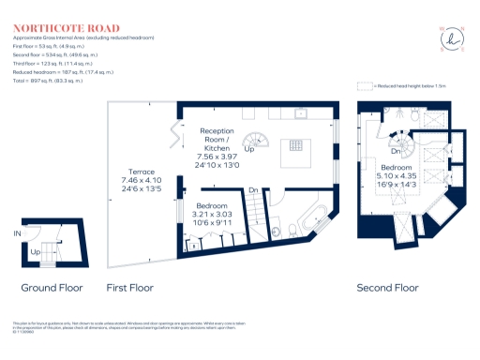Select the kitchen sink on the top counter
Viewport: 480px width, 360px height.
pyautogui.click(x=302, y=113)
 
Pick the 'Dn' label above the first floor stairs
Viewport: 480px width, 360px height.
pyautogui.click(x=253, y=190)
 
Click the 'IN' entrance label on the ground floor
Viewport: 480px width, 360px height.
pyautogui.click(x=17, y=232)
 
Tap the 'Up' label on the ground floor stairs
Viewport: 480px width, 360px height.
pyautogui.click(x=36, y=251)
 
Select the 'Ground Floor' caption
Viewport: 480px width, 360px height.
pyautogui.click(x=52, y=289)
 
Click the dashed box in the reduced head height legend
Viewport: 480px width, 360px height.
pyautogui.click(x=366, y=85)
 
